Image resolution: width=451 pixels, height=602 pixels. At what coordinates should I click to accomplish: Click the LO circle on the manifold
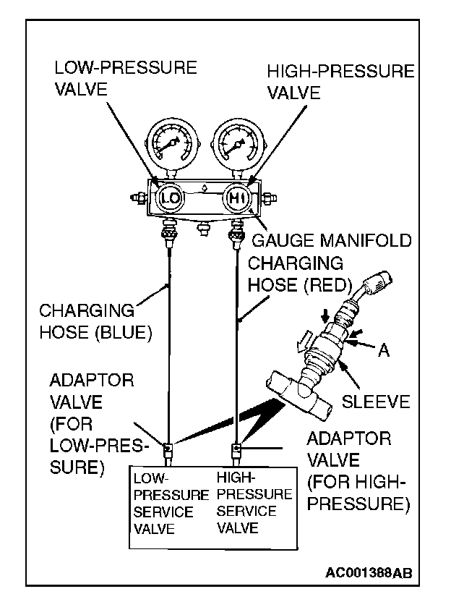point(171,197)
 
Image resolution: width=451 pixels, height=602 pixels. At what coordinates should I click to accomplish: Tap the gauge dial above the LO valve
point(171,145)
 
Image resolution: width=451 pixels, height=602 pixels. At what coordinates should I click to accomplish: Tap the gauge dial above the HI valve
point(236,145)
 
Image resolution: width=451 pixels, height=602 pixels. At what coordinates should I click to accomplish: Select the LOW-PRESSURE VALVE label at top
point(125,79)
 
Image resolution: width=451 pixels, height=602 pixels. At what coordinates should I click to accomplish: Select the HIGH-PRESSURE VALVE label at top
point(340,82)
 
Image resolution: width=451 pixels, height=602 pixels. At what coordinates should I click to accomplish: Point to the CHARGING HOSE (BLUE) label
point(93,322)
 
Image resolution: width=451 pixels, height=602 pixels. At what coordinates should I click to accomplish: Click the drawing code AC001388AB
point(369,572)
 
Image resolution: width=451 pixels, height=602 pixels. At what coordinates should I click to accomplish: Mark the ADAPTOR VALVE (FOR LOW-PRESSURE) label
point(93,423)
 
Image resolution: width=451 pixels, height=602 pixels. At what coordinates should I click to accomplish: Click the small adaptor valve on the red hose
point(235,450)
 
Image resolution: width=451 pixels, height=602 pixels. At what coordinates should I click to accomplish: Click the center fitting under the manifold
point(203,231)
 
